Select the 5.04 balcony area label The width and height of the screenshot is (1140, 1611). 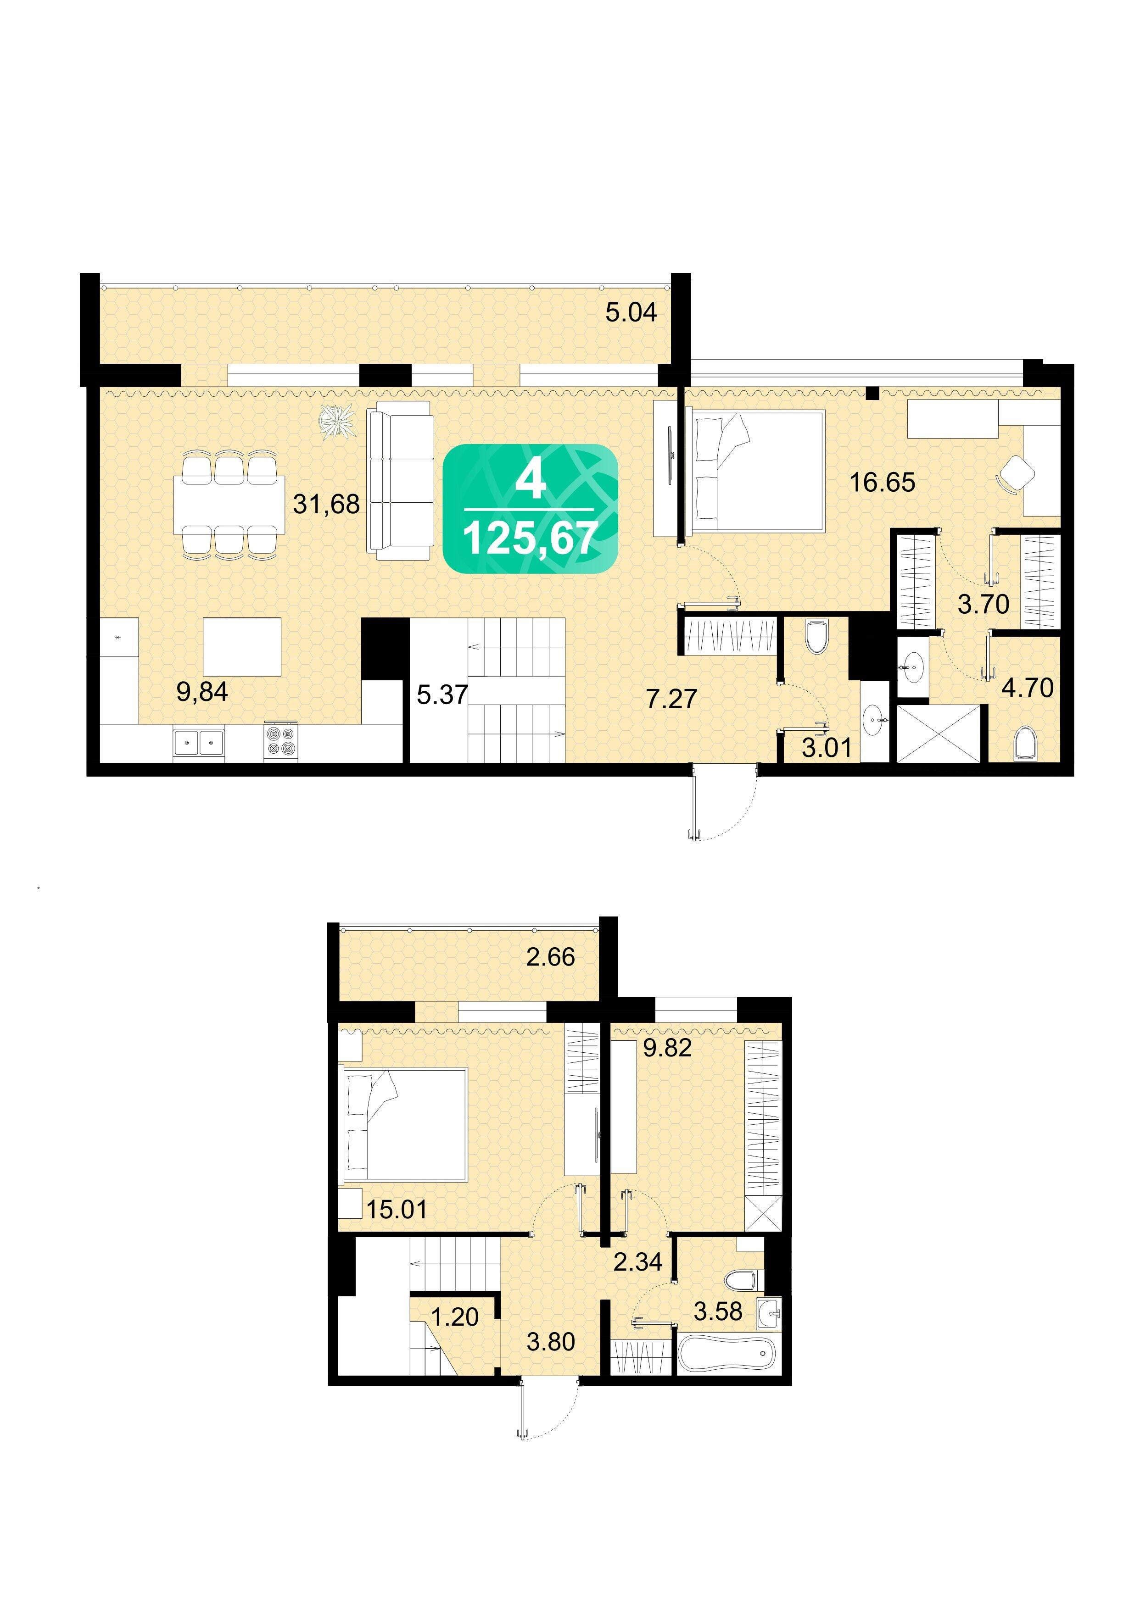pos(631,312)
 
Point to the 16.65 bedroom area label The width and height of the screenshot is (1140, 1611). pos(883,483)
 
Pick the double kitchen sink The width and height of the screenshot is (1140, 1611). pos(199,742)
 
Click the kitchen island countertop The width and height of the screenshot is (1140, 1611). pos(242,647)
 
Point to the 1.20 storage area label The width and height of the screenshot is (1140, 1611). pos(455,1317)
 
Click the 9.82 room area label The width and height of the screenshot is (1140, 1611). pos(668,1048)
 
